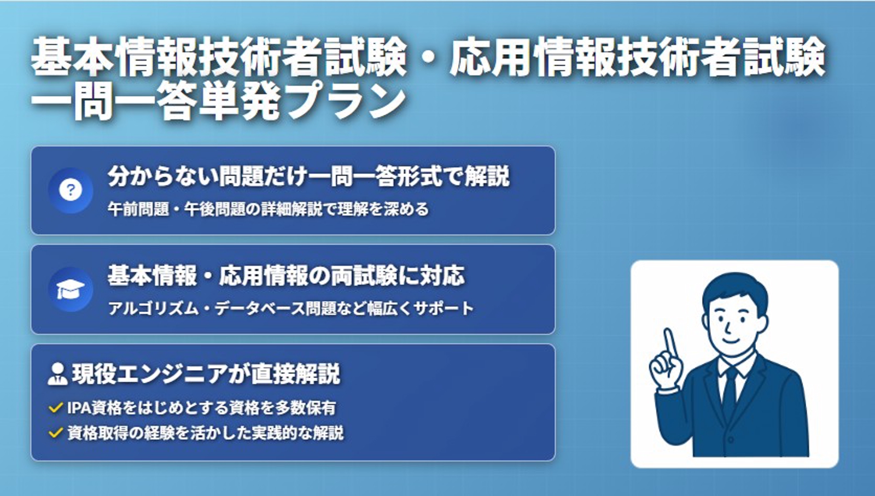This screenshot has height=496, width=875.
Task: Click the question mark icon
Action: [70, 190]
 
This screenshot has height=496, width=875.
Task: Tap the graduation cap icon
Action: [70, 289]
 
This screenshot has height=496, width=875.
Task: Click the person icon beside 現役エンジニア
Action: [57, 374]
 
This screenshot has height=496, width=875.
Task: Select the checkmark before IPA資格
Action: [55, 408]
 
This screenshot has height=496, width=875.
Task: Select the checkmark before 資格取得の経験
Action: [55, 433]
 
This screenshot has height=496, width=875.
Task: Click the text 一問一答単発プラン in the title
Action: [219, 101]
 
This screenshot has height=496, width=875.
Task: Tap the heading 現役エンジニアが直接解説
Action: [206, 374]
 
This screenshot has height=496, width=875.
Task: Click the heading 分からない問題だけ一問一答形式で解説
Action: [308, 176]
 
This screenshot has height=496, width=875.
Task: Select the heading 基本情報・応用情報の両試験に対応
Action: [286, 276]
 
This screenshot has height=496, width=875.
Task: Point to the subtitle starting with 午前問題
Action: [268, 209]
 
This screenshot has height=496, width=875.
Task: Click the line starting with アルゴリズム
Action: [290, 308]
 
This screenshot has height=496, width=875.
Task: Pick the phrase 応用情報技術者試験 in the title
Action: [637, 57]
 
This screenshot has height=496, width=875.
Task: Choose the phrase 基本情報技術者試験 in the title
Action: [219, 57]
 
